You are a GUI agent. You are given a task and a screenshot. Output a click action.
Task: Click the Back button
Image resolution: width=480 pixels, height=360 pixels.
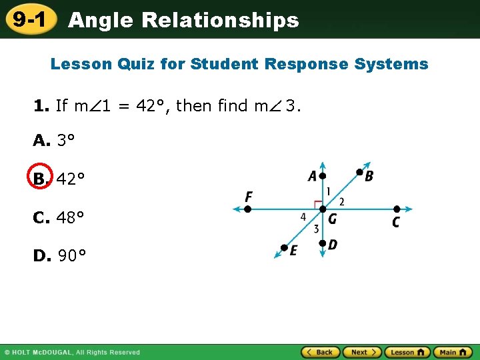click(320, 352)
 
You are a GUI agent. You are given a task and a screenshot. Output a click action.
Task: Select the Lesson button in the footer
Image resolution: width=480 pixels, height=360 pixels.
click(407, 352)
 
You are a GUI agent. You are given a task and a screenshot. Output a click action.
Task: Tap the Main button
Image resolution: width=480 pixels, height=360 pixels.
click(453, 352)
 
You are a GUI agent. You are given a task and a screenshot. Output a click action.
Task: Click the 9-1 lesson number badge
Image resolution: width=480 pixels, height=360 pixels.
click(29, 20)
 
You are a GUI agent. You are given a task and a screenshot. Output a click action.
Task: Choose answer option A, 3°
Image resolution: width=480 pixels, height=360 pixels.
click(53, 140)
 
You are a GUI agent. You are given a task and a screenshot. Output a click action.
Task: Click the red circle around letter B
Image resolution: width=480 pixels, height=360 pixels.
click(41, 179)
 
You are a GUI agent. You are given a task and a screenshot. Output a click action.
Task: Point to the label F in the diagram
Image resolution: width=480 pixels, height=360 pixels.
click(249, 197)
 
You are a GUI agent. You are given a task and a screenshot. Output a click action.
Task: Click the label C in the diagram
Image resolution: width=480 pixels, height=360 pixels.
click(396, 222)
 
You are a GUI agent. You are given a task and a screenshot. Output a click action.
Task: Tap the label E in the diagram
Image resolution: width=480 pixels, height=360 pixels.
click(293, 250)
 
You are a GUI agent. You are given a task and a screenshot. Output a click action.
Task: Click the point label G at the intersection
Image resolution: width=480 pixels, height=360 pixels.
click(332, 219)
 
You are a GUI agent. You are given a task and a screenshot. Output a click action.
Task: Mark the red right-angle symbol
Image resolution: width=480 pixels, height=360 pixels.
click(318, 203)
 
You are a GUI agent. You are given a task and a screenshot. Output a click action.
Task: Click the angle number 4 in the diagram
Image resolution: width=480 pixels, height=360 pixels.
click(304, 217)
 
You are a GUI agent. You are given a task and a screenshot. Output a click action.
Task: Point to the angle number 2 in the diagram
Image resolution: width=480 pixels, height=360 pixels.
click(341, 201)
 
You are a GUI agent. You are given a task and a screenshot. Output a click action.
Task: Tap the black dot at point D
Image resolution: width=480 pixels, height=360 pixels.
click(322, 244)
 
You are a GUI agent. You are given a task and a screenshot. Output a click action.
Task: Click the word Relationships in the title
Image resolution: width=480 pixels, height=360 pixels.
click(220, 20)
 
